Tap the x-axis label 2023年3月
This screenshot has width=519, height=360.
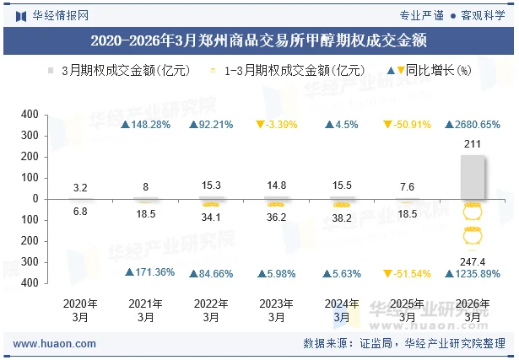click(x=276, y=310)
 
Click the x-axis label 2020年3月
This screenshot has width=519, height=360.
click(x=81, y=310)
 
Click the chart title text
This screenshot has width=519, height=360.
click(x=258, y=39)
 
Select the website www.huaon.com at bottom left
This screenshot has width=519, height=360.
click(x=55, y=344)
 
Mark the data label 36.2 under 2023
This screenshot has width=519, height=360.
click(x=276, y=217)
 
